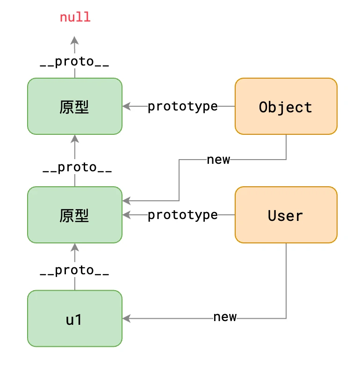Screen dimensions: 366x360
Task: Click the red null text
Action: pyautogui.click(x=75, y=17)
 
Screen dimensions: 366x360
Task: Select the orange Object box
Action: pyautogui.click(x=286, y=107)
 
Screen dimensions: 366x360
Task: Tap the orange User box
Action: pyautogui.click(x=286, y=215)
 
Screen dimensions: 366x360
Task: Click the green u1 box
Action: pyautogui.click(x=75, y=319)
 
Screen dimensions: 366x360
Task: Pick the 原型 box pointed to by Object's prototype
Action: pyautogui.click(x=75, y=107)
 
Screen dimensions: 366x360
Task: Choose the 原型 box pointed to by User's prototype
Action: pyautogui.click(x=75, y=215)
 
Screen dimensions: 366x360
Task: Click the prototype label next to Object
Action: pyautogui.click(x=183, y=107)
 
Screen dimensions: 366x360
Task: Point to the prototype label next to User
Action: pyautogui.click(x=183, y=215)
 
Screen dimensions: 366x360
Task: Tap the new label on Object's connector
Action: pyautogui.click(x=218, y=160)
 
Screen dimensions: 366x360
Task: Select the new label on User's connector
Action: pyautogui.click(x=225, y=317)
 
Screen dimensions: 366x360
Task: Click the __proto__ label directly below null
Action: pyautogui.click(x=75, y=62)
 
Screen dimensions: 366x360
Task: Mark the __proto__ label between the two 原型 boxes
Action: pyautogui.click(x=77, y=168)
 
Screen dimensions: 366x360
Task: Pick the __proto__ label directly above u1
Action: pyautogui.click(x=75, y=271)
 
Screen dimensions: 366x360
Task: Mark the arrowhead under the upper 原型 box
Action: pyautogui.click(x=75, y=138)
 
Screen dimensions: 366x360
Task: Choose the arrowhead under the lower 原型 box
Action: pyautogui.click(x=75, y=247)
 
